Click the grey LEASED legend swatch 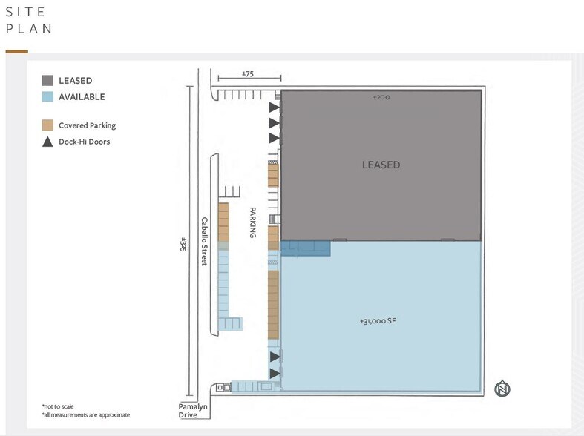pyautogui.click(x=47, y=81)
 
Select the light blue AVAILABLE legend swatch pyautogui.click(x=47, y=97)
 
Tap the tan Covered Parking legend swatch pyautogui.click(x=47, y=125)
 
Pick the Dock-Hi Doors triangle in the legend pyautogui.click(x=47, y=142)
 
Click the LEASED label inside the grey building pyautogui.click(x=381, y=165)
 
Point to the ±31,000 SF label pyautogui.click(x=380, y=322)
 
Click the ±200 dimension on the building pyautogui.click(x=381, y=97)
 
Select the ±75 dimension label pyautogui.click(x=248, y=74)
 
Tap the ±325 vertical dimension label pyautogui.click(x=183, y=245)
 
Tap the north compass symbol pyautogui.click(x=503, y=389)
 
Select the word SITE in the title pyautogui.click(x=26, y=13)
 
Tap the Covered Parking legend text pyautogui.click(x=88, y=125)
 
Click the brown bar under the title pyautogui.click(x=16, y=52)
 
